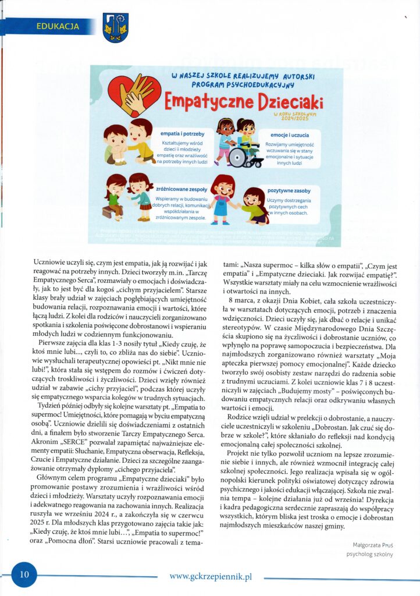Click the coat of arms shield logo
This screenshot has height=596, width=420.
115,27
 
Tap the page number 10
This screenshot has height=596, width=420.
24,574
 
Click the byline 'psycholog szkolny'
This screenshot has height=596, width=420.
369,554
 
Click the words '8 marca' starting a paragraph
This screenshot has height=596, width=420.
236,300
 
